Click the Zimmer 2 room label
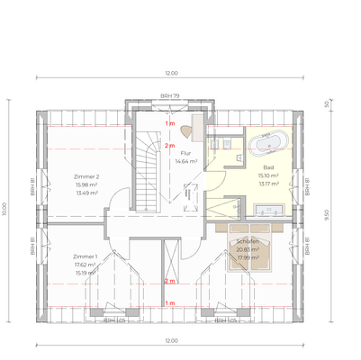86,177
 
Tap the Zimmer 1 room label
86,256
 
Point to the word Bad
268,167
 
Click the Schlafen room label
248,242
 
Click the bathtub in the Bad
270,143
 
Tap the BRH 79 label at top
169,95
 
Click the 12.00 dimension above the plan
171,73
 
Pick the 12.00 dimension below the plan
171,340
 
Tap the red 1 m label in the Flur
168,122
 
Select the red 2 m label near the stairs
168,145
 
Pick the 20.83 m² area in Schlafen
248,249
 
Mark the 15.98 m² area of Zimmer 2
86,184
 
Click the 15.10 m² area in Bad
268,175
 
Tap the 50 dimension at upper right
326,104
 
